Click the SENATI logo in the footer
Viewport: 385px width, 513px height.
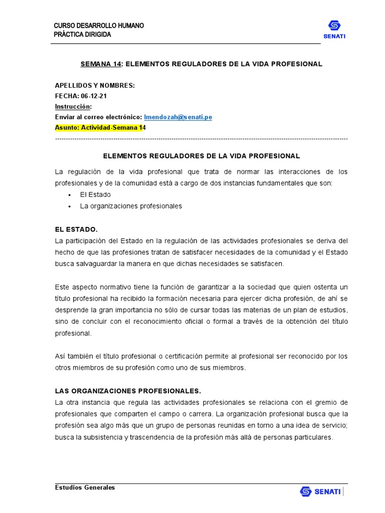point(320,491)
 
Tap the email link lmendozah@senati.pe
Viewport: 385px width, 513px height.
point(178,117)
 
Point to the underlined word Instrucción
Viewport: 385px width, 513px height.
point(73,106)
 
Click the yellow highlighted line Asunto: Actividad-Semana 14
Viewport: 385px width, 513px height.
point(100,127)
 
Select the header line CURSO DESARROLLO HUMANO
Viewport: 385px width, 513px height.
point(99,26)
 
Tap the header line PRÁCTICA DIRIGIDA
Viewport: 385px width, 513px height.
point(83,35)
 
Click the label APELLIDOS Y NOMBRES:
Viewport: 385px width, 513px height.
point(95,86)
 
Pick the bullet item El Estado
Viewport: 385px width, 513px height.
point(95,194)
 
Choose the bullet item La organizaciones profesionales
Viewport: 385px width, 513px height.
point(131,206)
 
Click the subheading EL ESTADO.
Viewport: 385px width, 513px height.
point(76,229)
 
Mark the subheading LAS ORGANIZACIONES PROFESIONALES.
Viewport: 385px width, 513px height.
point(127,391)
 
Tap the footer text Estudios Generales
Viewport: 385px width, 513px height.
point(85,487)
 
